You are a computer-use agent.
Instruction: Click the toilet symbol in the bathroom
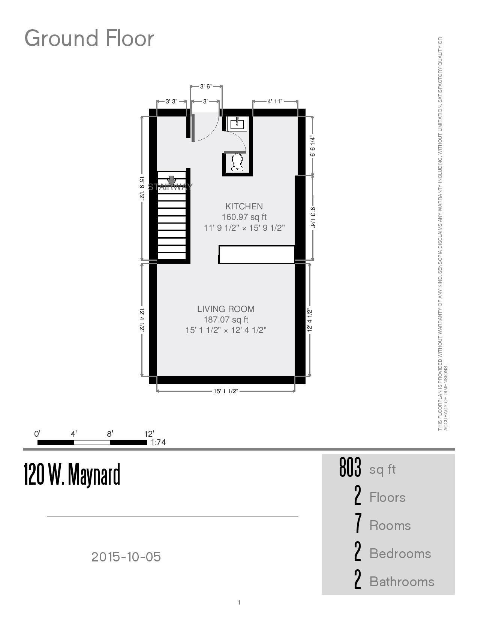pos(237,162)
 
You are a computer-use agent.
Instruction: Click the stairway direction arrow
pos(172,181)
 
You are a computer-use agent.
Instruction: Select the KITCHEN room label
pos(244,206)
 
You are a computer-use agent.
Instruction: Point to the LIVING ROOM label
pos(226,309)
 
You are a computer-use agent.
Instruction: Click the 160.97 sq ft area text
pos(244,217)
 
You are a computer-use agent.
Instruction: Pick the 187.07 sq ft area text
pos(226,319)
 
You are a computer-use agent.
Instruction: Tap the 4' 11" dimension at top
pos(275,101)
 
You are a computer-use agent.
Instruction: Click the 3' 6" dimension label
pos(205,87)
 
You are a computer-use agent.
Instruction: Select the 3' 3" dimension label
pos(171,101)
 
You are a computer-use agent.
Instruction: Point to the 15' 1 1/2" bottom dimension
pos(226,391)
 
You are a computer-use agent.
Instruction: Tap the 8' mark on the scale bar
pos(110,434)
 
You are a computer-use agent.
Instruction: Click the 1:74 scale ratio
pos(158,442)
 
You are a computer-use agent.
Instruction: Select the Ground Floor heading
pos(89,38)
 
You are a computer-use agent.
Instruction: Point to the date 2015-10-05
pos(126,557)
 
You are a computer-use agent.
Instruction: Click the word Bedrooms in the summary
pos(400,554)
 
